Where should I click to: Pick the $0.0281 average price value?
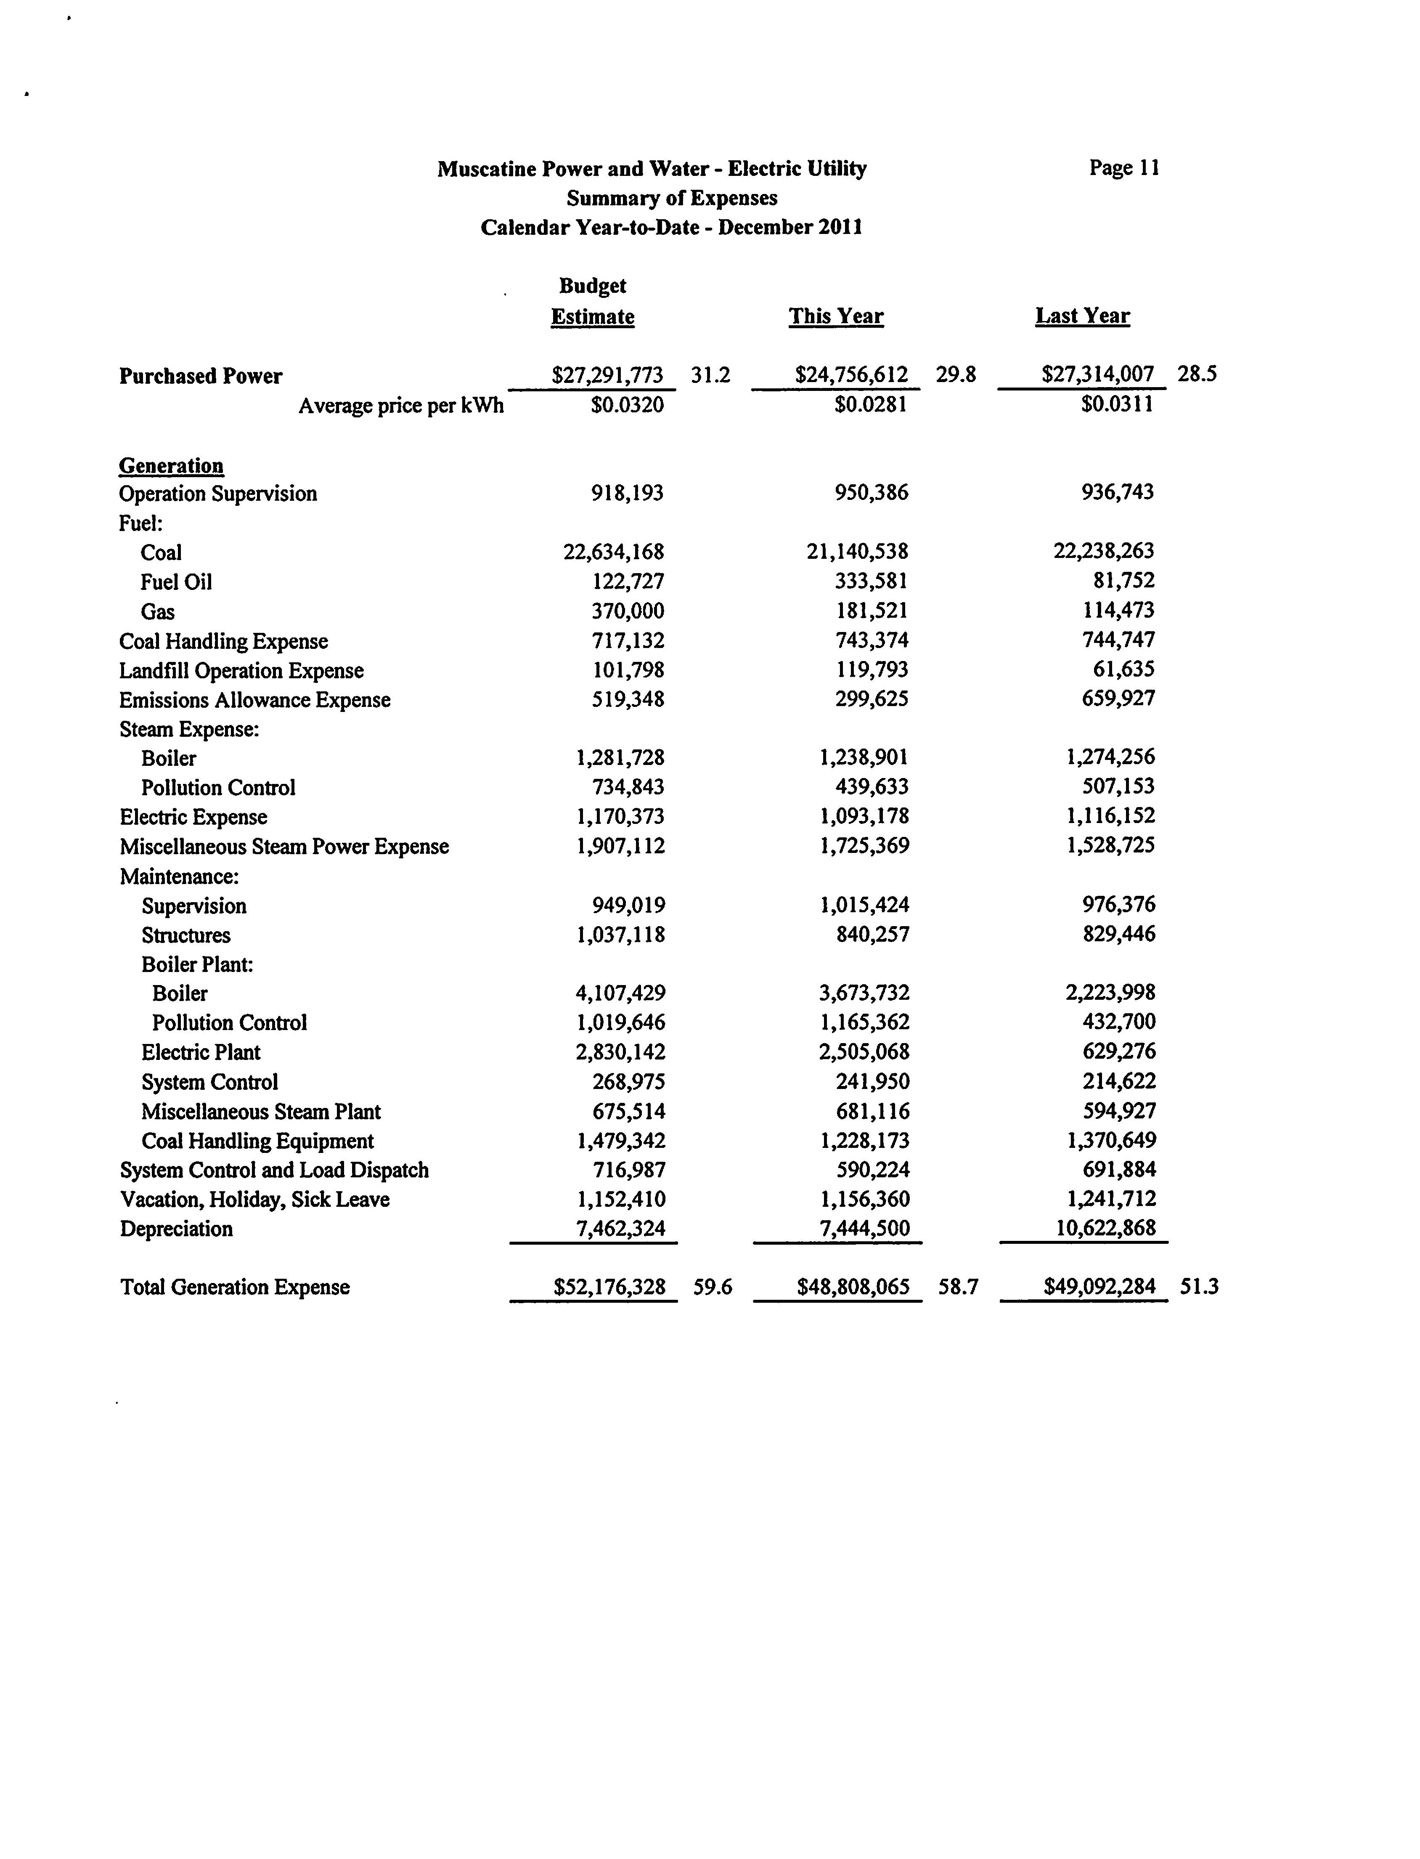tap(871, 405)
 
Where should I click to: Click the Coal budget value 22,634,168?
tap(614, 552)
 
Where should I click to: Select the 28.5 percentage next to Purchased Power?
tap(1197, 374)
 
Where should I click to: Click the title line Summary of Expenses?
tap(672, 198)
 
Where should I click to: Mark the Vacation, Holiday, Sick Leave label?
tap(254, 1200)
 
